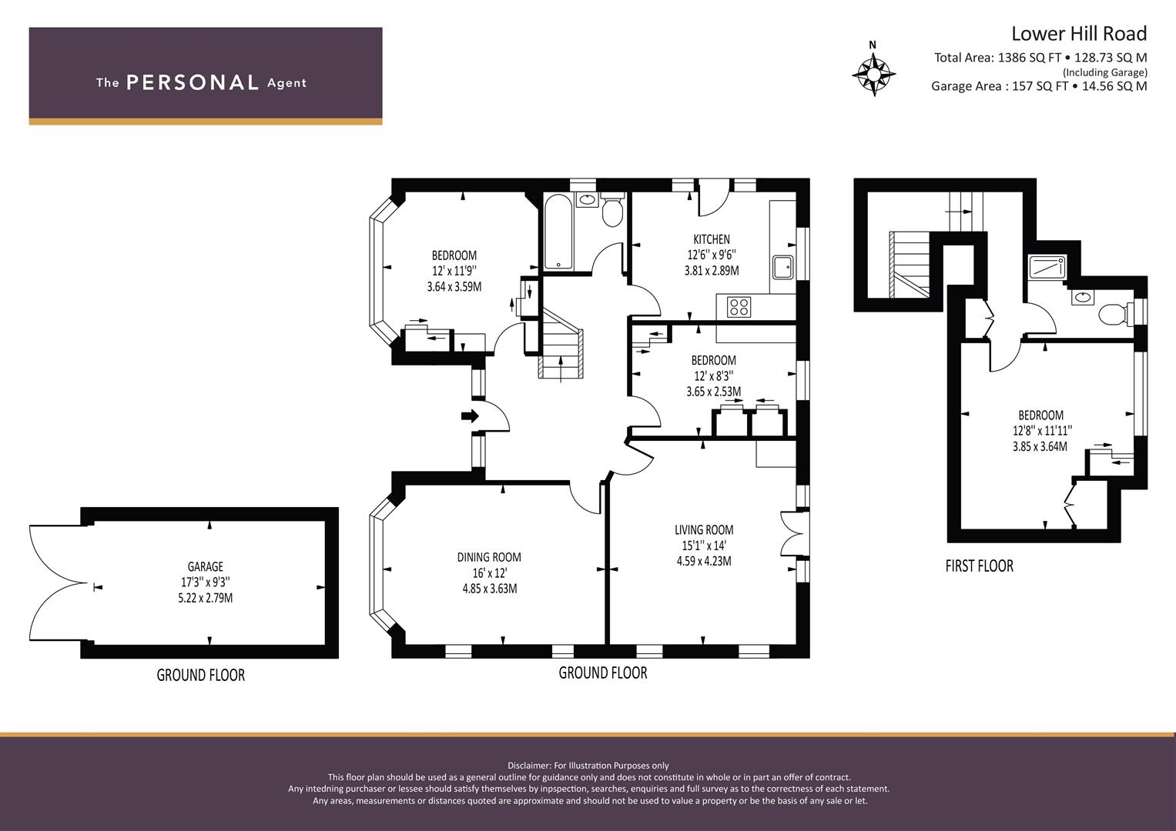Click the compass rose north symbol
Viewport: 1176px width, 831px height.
click(873, 70)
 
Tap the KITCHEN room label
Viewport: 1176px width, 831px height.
click(712, 239)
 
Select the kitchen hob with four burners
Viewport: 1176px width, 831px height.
click(739, 307)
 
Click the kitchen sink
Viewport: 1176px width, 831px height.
click(782, 268)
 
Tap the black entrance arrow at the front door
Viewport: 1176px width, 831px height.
click(470, 416)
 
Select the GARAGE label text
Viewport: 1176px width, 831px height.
click(206, 566)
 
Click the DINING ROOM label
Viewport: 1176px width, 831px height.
click(489, 557)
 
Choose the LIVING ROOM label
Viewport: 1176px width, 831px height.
click(704, 530)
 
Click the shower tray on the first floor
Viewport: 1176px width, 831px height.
click(1047, 267)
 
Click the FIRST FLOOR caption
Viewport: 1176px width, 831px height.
click(979, 566)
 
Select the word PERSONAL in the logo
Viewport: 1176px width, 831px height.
click(193, 82)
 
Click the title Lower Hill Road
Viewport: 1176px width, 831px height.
click(1079, 34)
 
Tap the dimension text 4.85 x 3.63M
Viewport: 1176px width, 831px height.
click(490, 589)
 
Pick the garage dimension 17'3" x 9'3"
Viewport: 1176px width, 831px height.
click(206, 582)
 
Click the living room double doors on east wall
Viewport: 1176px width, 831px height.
click(792, 534)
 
